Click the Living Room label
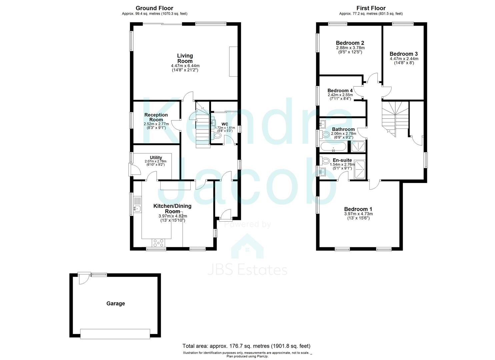[185, 58]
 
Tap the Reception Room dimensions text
[156, 126]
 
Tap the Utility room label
[156, 158]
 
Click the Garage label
[116, 304]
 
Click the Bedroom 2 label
[350, 43]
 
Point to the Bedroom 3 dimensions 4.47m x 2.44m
[404, 61]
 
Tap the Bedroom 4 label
[340, 91]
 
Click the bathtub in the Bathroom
[333, 146]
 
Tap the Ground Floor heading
[154, 8]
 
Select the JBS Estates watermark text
[247, 270]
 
